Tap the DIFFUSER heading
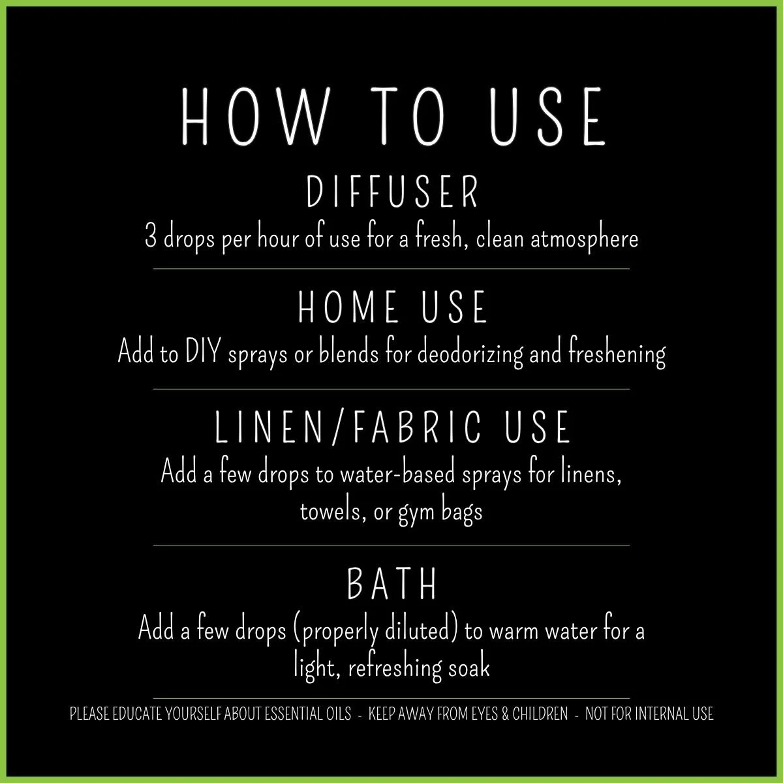tap(393, 192)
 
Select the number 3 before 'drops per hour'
tap(151, 238)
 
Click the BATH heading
tap(391, 585)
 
